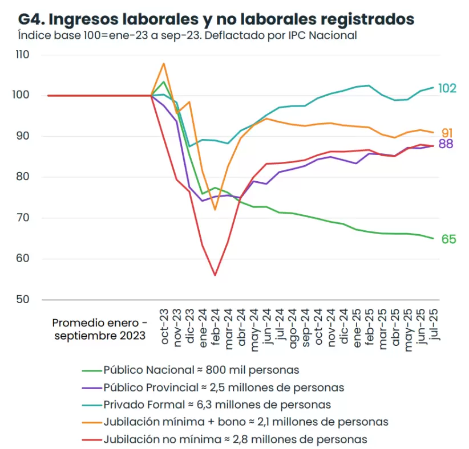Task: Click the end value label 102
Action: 447,88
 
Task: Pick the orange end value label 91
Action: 447,133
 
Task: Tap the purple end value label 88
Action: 446,144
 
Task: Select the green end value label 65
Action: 448,239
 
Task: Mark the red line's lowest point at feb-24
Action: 215,275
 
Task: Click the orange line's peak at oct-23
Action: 164,63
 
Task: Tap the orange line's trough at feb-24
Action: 215,210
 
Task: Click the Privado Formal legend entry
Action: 217,405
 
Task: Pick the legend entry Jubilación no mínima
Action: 235,439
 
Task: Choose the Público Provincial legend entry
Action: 224,387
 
